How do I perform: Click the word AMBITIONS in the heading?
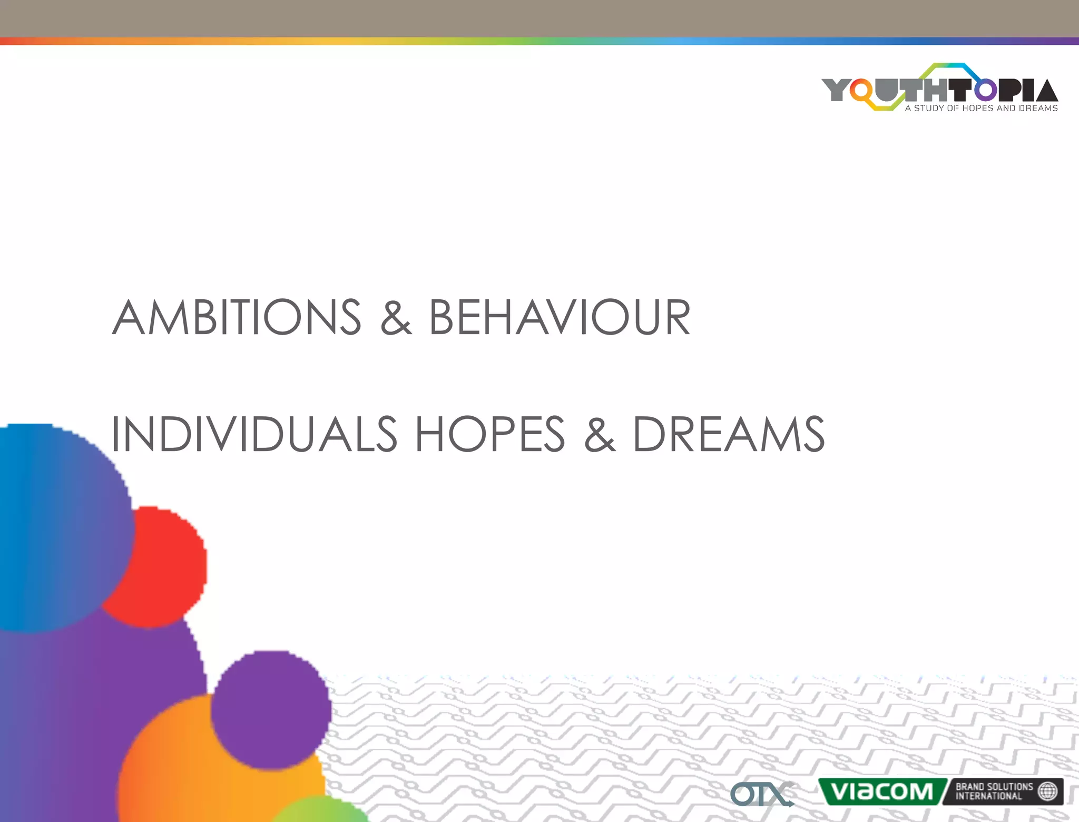(237, 317)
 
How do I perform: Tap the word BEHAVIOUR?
(560, 317)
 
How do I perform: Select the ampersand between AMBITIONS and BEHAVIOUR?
(396, 317)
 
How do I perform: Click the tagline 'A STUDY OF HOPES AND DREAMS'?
(981, 108)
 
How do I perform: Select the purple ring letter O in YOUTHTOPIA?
(985, 90)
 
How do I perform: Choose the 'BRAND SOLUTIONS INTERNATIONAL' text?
(994, 791)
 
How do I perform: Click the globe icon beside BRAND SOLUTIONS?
(1047, 791)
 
